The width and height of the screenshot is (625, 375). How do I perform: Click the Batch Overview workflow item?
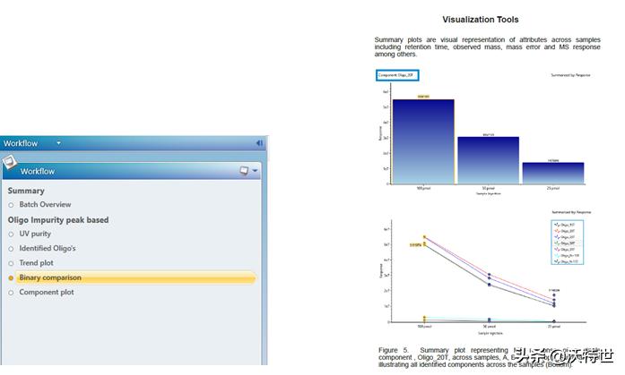[x=45, y=205]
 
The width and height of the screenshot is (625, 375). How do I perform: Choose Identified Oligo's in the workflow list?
[x=48, y=248]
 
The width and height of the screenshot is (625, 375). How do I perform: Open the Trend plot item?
[x=37, y=263]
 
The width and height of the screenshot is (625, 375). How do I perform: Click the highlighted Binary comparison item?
[x=50, y=277]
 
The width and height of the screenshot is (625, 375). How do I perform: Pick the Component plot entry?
[x=46, y=292]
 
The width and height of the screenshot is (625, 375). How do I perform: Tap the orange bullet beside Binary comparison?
[x=11, y=277]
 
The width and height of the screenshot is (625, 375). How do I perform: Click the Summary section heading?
[x=26, y=191]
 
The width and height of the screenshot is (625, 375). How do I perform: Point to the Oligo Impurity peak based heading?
[x=58, y=219]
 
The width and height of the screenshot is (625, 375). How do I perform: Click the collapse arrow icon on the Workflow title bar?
[x=259, y=143]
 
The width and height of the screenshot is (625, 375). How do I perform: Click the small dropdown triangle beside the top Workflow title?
[x=59, y=143]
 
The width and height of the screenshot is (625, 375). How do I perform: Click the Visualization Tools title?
[x=481, y=20]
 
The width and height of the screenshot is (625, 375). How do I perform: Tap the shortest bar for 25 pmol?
[x=552, y=174]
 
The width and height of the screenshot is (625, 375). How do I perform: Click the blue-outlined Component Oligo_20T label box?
[x=397, y=75]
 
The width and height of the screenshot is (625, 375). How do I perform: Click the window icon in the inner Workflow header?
[x=243, y=171]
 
